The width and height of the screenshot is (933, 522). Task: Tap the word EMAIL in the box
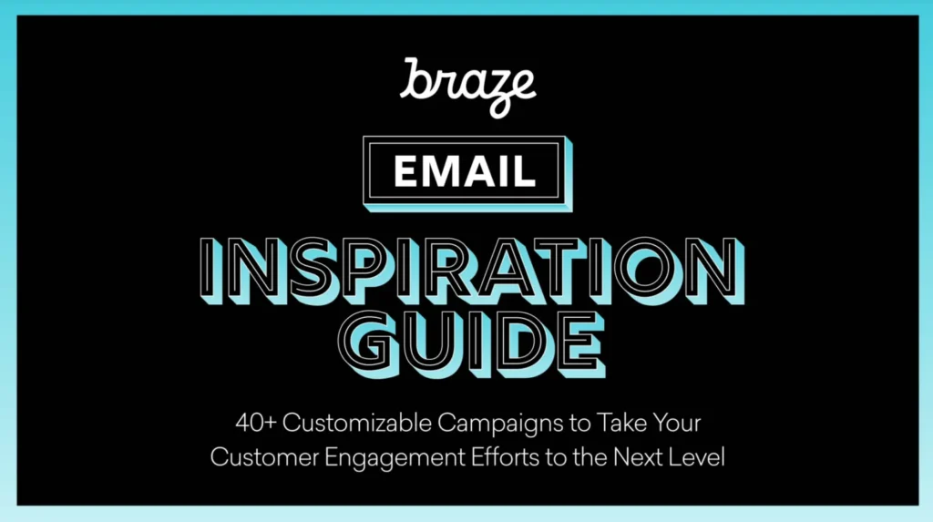tap(465, 169)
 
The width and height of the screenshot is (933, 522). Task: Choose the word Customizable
tap(355, 425)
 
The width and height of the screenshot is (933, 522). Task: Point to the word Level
tap(698, 455)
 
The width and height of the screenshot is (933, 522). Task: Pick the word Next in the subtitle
tap(640, 455)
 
